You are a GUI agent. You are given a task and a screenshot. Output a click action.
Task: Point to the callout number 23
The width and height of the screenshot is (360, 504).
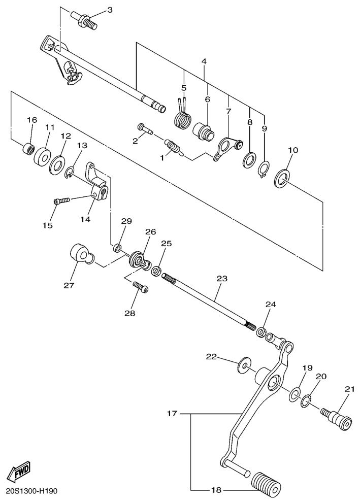[x=221, y=279]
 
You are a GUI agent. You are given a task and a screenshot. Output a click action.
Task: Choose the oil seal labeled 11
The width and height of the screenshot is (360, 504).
[x=43, y=154]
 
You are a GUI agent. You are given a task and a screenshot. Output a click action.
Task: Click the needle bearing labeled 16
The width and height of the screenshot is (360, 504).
[x=30, y=150]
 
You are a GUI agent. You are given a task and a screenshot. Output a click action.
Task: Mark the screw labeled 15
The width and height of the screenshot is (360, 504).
[x=60, y=201]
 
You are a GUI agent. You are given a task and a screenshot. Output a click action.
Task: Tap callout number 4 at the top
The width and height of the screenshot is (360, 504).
[x=204, y=61]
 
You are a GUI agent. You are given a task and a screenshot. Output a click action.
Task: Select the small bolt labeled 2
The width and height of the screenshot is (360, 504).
[x=145, y=128]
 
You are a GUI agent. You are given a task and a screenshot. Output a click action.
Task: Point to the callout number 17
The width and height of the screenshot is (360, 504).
[x=172, y=414]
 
